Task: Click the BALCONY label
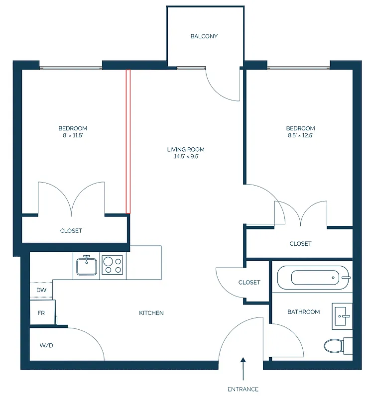pyautogui.click(x=204, y=36)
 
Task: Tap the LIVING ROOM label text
pyautogui.click(x=185, y=149)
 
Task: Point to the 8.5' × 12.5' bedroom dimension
pyautogui.click(x=301, y=135)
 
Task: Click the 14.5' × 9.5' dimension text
pyautogui.click(x=185, y=156)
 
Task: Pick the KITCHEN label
pyautogui.click(x=151, y=313)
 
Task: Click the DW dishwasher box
pyautogui.click(x=41, y=290)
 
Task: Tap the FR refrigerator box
pyautogui.click(x=42, y=313)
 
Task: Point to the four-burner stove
pyautogui.click(x=112, y=265)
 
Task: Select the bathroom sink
pyautogui.click(x=343, y=315)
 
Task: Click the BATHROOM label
pyautogui.click(x=303, y=312)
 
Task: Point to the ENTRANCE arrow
pyautogui.click(x=244, y=369)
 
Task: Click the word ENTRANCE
pyautogui.click(x=244, y=389)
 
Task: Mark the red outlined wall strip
pyautogui.click(x=128, y=142)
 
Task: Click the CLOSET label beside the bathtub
pyautogui.click(x=249, y=282)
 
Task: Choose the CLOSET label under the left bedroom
pyautogui.click(x=71, y=231)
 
